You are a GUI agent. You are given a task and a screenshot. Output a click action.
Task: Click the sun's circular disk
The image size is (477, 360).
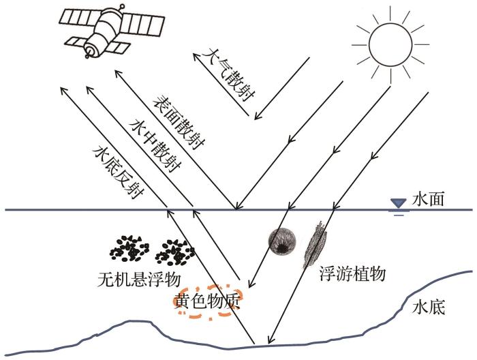coord(390,44)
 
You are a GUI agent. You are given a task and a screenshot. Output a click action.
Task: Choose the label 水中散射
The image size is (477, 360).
coord(155,146)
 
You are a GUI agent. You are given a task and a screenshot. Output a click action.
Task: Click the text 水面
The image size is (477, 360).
coord(428,200)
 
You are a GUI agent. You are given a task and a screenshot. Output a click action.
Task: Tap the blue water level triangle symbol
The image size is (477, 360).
coord(399,203)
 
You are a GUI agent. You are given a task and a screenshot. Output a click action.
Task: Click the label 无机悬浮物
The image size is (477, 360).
coord(139,280)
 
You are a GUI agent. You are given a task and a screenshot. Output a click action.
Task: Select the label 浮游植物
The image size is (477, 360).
coord(352,273)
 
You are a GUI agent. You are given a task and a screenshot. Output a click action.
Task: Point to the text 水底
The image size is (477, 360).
coord(429,307)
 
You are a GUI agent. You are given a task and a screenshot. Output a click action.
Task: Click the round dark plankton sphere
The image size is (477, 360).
coord(282,241)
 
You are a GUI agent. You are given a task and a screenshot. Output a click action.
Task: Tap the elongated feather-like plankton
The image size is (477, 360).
coord(315,244)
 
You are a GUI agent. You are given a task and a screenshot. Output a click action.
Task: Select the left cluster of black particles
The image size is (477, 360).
coord(129,248)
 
